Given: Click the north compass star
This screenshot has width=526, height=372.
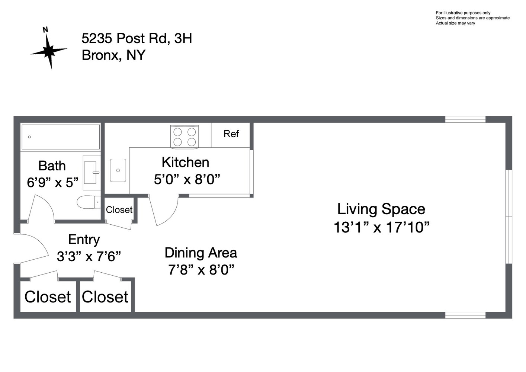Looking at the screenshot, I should [x=49, y=51].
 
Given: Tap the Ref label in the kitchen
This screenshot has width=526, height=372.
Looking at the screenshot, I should [x=231, y=134].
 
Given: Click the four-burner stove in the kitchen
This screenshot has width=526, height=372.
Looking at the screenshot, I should [x=185, y=137].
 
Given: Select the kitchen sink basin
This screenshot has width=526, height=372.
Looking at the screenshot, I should [x=118, y=170].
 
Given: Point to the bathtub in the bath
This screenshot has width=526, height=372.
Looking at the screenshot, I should [x=60, y=137].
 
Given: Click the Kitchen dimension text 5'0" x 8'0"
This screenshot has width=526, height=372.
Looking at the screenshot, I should [x=187, y=180].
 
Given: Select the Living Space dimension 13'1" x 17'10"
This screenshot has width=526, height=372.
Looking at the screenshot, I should [x=381, y=227].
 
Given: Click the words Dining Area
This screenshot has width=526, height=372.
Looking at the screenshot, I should [x=201, y=253].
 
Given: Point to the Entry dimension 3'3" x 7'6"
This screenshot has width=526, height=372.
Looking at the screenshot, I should [x=89, y=256].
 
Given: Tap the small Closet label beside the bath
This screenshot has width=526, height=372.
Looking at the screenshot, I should [x=119, y=210].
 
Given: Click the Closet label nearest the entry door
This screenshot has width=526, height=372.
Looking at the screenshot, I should [x=48, y=297].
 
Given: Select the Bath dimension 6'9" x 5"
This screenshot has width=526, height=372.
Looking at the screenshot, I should [x=52, y=183].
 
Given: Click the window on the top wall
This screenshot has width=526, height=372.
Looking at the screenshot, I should [x=465, y=119].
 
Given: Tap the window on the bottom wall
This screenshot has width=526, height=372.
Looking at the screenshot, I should [x=465, y=315].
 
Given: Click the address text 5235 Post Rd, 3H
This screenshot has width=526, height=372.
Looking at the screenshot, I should [x=137, y=38].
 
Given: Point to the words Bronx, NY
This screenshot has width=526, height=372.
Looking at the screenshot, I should [x=113, y=55].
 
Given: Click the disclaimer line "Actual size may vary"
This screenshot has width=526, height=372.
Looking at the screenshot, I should [x=455, y=23].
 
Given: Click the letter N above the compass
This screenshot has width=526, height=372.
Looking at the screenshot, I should [x=45, y=30].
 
